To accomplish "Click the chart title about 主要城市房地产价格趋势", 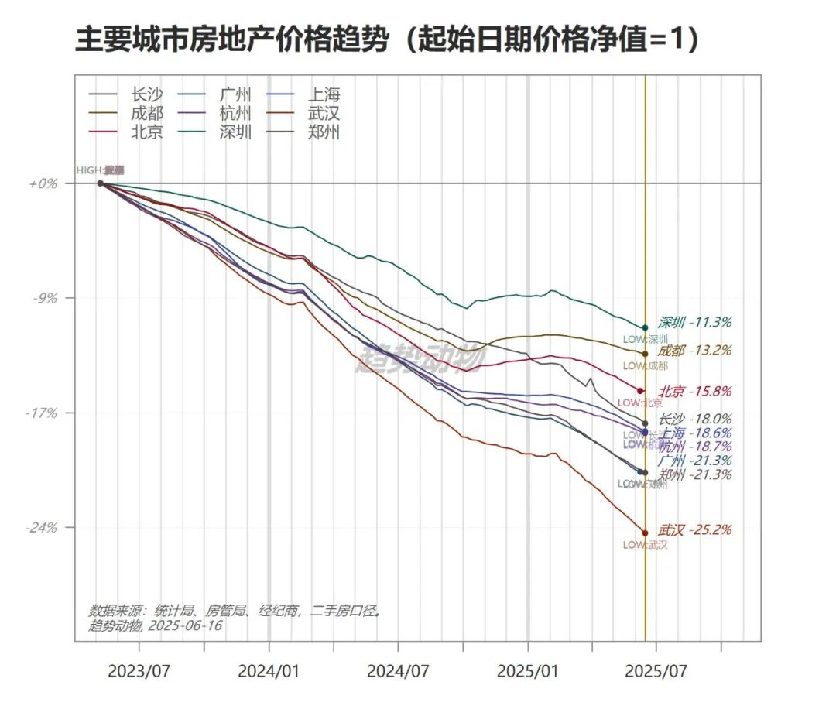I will point(387,39).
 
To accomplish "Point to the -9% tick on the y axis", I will point(43,298).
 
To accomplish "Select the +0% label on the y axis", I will point(43,184).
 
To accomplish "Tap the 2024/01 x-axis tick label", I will point(269,670).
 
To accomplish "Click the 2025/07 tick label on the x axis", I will point(656,670).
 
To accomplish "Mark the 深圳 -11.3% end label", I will point(695,322).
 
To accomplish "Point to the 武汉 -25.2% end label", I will point(695,530).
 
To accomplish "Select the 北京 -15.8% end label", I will point(695,392).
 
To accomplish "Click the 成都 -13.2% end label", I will point(695,351).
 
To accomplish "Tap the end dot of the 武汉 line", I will point(645,533).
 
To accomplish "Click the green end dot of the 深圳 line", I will point(645,327).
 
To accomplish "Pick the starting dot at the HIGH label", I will point(101,183).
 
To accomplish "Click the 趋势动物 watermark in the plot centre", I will point(420,358).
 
